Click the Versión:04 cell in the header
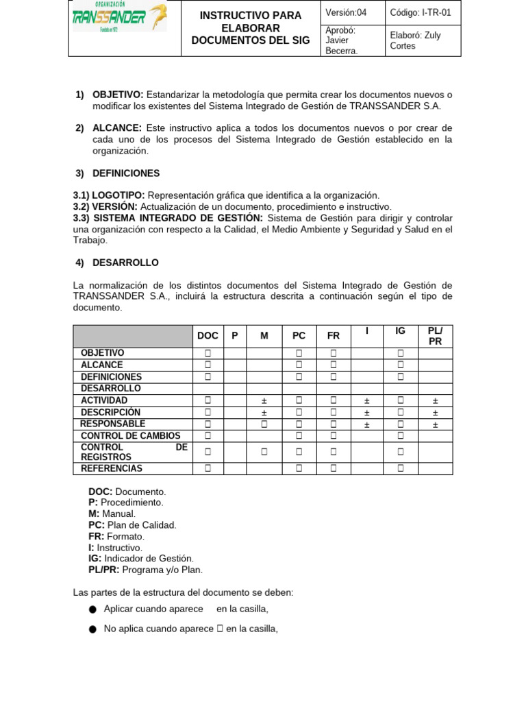click(346, 12)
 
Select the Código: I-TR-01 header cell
click(421, 12)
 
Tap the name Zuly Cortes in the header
click(415, 40)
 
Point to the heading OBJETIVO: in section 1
click(118, 95)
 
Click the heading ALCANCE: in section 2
click(116, 128)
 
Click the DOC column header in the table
click(208, 335)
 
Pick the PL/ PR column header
click(435, 335)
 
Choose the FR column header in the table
click(334, 335)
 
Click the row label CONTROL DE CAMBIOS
click(131, 436)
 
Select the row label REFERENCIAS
click(112, 469)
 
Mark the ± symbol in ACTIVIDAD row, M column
click(264, 400)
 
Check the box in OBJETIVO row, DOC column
click(208, 353)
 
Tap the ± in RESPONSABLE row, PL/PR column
click(435, 424)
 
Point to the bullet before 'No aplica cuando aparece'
click(92, 629)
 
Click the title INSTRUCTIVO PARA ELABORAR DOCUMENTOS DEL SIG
click(250, 28)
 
